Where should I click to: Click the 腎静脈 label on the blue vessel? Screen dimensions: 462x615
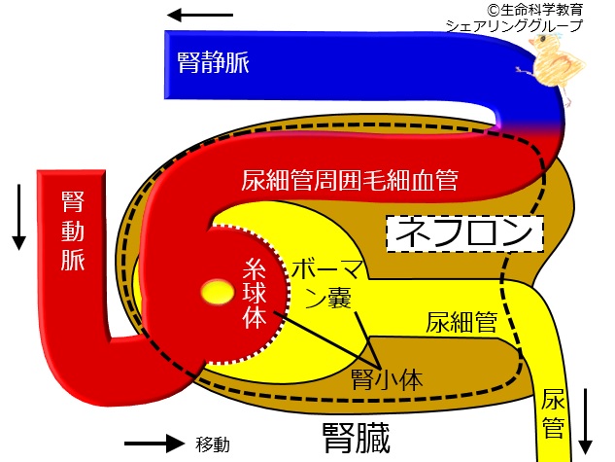(215, 63)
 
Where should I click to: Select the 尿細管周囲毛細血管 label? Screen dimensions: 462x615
(350, 181)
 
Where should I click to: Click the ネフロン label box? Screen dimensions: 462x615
(463, 233)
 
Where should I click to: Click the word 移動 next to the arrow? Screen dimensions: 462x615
(213, 444)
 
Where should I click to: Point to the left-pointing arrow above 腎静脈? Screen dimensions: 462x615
(198, 16)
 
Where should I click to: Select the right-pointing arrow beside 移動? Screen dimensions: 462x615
(153, 444)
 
